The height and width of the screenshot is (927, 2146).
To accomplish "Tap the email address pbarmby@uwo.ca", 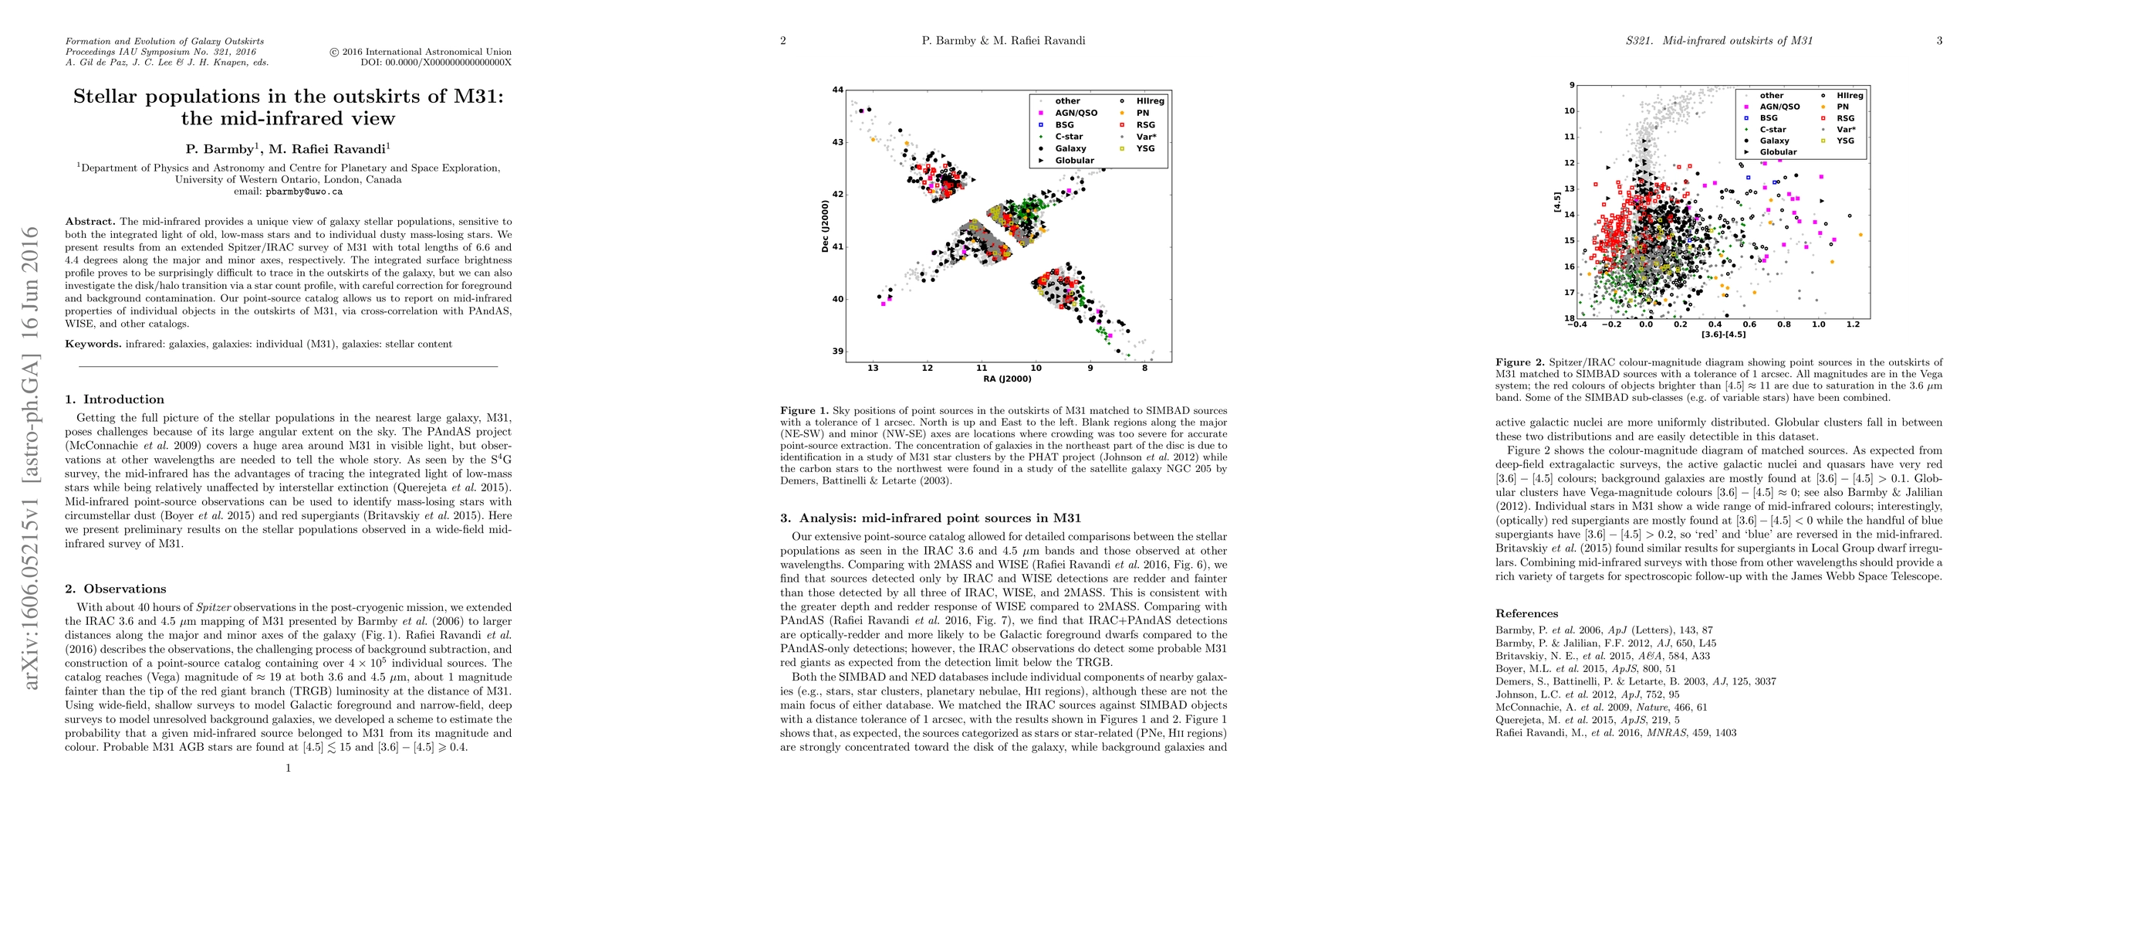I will point(303,192).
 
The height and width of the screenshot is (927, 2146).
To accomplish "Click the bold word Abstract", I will point(90,222).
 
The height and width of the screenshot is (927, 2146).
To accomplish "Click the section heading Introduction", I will point(123,399).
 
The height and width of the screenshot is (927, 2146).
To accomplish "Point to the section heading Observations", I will point(124,589).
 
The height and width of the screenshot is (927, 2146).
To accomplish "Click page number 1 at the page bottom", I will point(289,768).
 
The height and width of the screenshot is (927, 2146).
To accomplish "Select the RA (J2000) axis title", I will point(1006,379).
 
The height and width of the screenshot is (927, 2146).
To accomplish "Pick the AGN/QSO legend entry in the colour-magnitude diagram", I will point(1779,107).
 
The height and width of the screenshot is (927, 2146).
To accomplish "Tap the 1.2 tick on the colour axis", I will point(1853,325).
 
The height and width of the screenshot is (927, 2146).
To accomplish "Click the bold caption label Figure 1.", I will point(805,411).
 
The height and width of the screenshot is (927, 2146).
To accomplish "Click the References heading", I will point(1526,613).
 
